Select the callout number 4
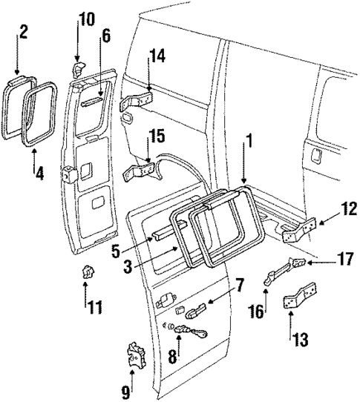click(x=39, y=176)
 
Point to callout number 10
click(x=87, y=18)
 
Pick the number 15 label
click(x=157, y=137)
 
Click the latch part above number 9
click(x=136, y=355)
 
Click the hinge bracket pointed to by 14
click(x=137, y=99)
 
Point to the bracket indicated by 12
click(x=301, y=234)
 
